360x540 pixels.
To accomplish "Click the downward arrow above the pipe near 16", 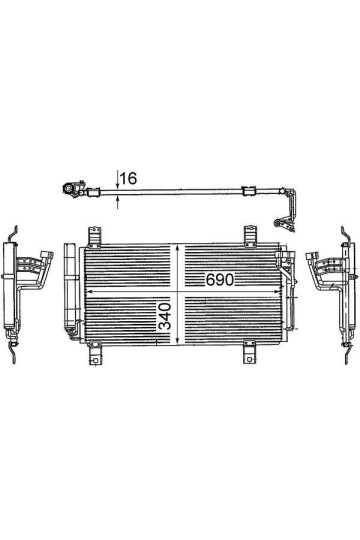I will coord(118,179).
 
